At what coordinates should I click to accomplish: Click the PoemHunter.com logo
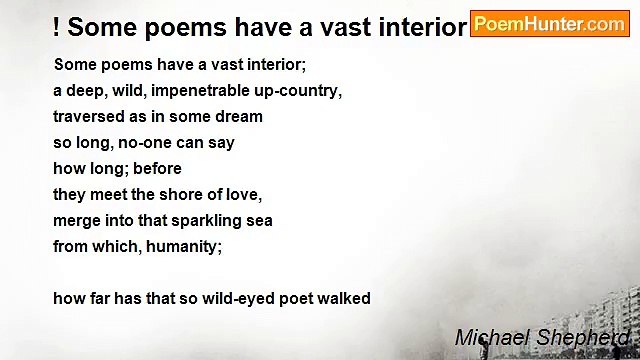pos(549,24)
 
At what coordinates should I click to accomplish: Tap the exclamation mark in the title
pos(57,27)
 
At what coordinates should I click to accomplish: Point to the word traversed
pos(91,116)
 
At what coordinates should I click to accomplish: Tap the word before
pos(155,168)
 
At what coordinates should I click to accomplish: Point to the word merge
pos(76,220)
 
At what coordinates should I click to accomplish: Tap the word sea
pos(257,220)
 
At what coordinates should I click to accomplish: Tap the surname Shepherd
pos(586,338)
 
